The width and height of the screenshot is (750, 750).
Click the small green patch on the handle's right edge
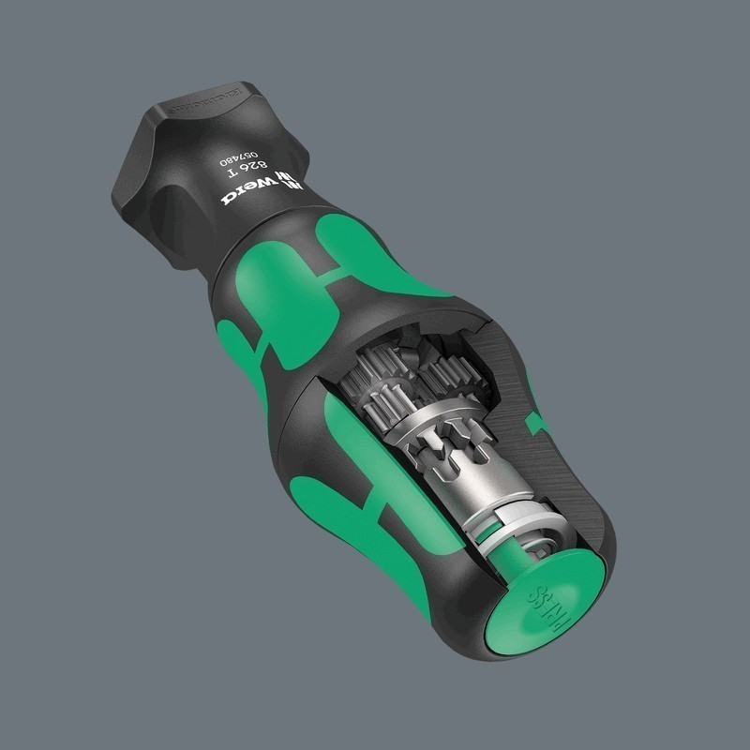[537, 424]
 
